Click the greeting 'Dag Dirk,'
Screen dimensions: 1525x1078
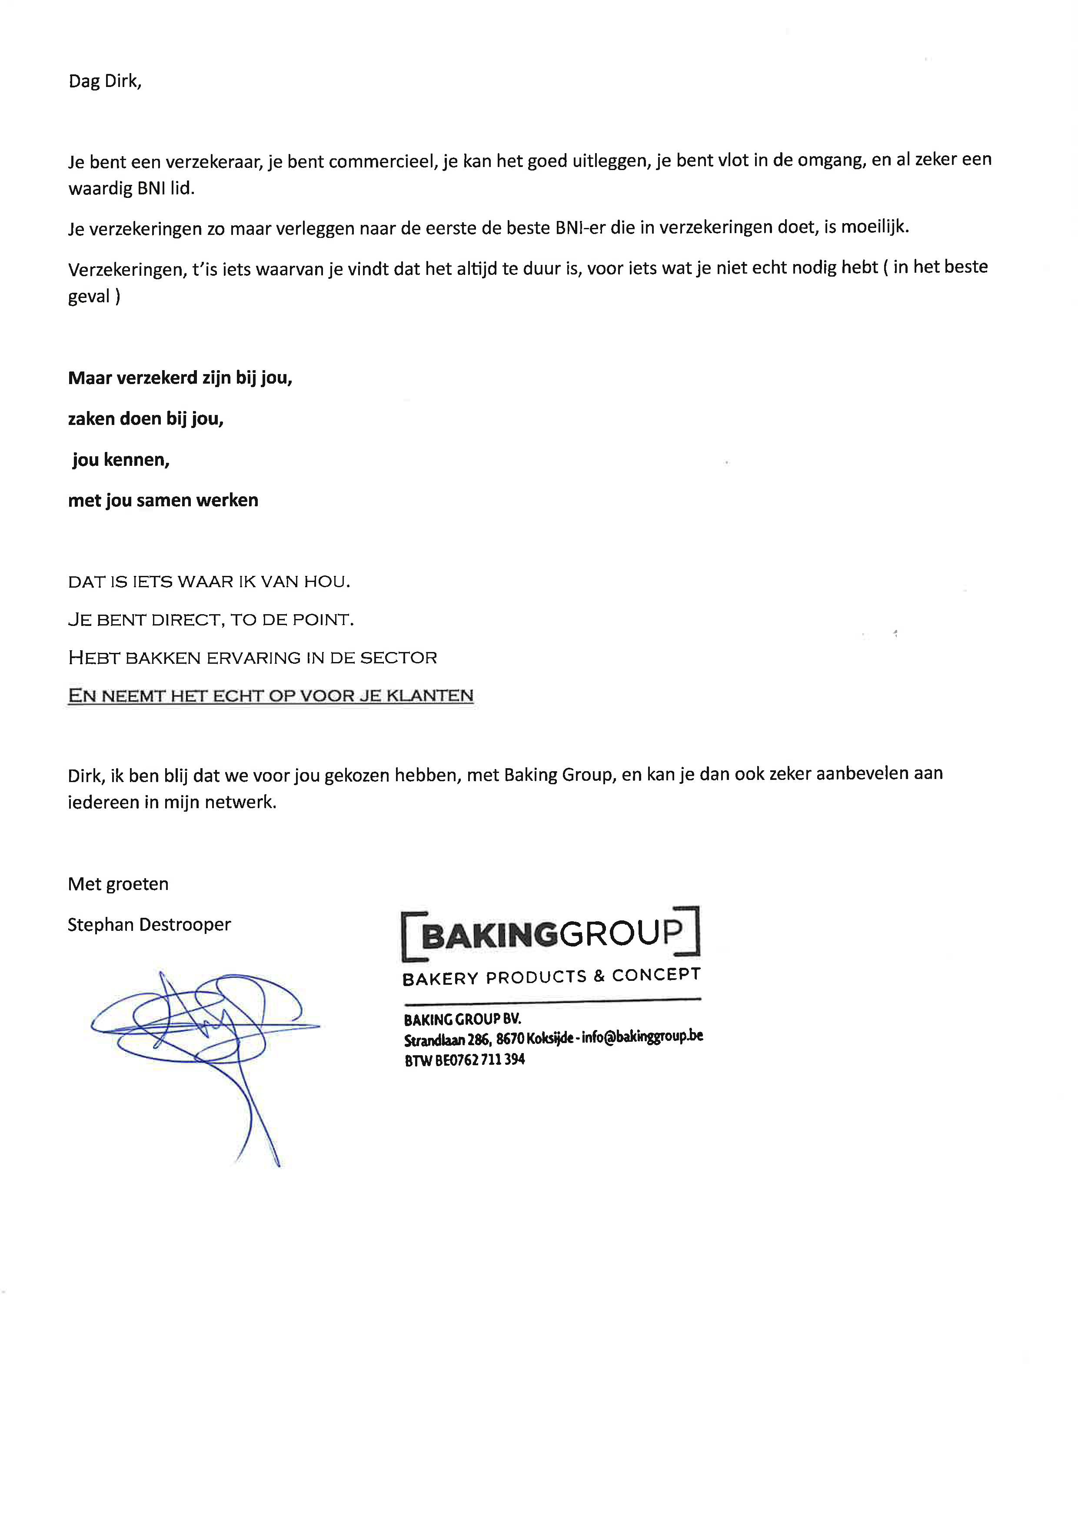(105, 81)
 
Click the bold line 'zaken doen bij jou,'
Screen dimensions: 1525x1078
(145, 419)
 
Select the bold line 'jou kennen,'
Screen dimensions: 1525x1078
(121, 460)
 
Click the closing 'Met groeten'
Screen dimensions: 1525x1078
(118, 884)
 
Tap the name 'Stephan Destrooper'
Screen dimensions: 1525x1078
(150, 925)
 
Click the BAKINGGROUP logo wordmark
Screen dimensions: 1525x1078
(551, 934)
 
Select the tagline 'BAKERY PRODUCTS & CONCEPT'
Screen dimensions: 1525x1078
(551, 977)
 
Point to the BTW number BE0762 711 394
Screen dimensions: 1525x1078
(479, 1060)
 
